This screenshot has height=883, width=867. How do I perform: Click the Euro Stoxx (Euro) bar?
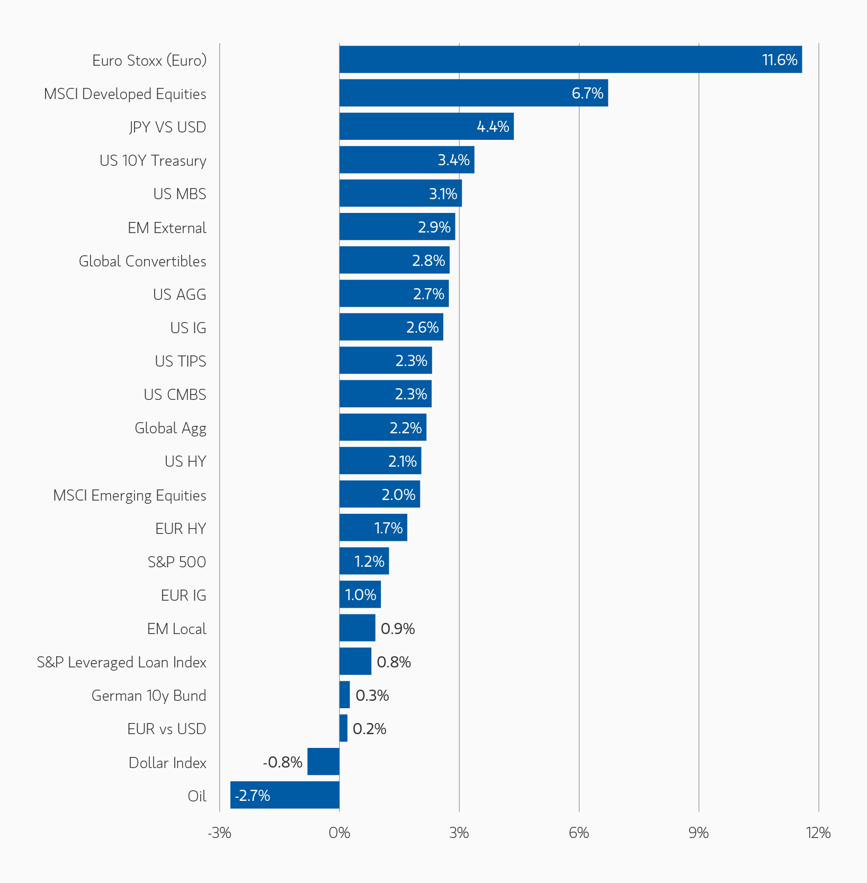(x=570, y=59)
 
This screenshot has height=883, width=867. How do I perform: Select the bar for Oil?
(x=285, y=795)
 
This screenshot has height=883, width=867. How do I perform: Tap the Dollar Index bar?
(x=324, y=761)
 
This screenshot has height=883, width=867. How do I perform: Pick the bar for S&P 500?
(x=364, y=561)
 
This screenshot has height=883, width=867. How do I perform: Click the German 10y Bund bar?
(x=345, y=694)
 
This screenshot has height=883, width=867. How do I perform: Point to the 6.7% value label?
(x=587, y=93)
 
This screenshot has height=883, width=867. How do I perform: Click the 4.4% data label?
(x=493, y=127)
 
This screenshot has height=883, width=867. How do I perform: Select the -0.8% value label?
(x=283, y=762)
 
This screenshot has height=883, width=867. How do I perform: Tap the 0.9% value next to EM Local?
(x=398, y=629)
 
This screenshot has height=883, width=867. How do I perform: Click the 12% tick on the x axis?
(x=818, y=833)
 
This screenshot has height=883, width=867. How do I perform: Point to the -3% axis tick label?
(x=219, y=833)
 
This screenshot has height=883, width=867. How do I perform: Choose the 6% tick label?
(x=579, y=833)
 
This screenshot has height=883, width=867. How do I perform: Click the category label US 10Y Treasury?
(x=153, y=160)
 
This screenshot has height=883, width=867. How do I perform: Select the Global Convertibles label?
(x=142, y=261)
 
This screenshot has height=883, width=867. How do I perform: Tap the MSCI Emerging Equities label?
(x=130, y=495)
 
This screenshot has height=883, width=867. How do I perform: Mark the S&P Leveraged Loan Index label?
(x=122, y=662)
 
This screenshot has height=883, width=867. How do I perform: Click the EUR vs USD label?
(x=166, y=729)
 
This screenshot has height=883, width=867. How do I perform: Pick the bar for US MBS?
(x=400, y=193)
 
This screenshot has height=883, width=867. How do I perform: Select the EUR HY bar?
(x=373, y=528)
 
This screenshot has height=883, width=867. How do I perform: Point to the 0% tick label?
(x=339, y=833)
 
